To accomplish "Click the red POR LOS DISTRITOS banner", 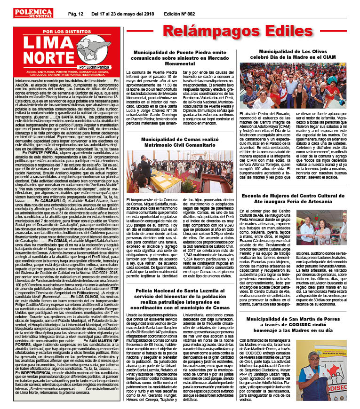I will [63, 31].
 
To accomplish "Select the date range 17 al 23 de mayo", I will [118, 5].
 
